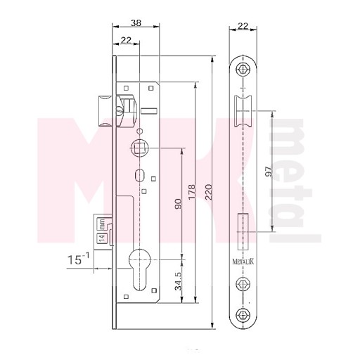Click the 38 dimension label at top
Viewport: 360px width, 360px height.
(136, 23)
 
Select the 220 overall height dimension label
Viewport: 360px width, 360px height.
(208, 192)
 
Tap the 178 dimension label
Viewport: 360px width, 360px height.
(192, 192)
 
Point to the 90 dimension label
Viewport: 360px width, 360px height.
(178, 204)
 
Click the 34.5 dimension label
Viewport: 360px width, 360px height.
(179, 281)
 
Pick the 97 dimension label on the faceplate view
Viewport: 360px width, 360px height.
(269, 172)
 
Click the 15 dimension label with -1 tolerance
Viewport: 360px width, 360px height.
(78, 259)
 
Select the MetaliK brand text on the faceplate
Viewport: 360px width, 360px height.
(243, 262)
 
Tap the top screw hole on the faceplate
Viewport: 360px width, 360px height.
(243, 69)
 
